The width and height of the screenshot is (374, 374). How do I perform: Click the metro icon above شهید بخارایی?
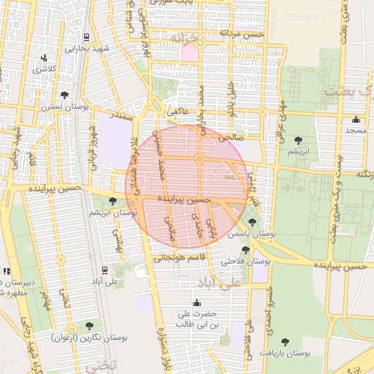pyautogui.click(x=87, y=37)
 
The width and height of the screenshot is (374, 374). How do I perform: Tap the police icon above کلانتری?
pyautogui.click(x=45, y=58)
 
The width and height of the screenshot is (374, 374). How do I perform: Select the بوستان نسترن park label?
pyautogui.click(x=65, y=106)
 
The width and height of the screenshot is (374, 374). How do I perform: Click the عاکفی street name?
pyautogui.click(x=178, y=112)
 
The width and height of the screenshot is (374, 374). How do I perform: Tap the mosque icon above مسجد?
pyautogui.click(x=356, y=119)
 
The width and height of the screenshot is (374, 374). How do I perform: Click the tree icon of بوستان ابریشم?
pyautogui.click(x=112, y=202)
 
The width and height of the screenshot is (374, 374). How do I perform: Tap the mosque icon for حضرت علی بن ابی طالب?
pyautogui.click(x=196, y=303)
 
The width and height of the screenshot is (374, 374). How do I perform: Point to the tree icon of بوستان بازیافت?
pyautogui.click(x=284, y=341)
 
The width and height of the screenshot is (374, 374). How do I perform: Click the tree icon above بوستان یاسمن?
pyautogui.click(x=252, y=221)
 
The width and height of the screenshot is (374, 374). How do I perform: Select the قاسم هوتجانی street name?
pyautogui.click(x=176, y=257)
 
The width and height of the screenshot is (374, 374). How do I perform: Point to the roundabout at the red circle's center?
pyautogui.click(x=199, y=159)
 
